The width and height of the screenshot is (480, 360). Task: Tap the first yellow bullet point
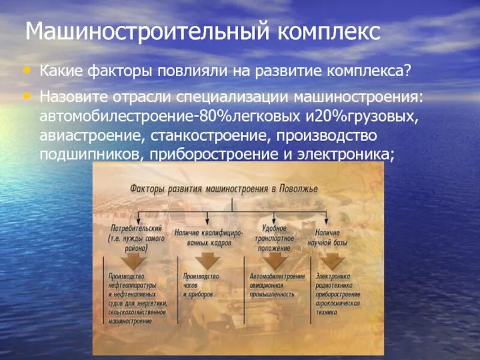[x=25, y=70]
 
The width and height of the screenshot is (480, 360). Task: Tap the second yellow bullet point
[x=25, y=95]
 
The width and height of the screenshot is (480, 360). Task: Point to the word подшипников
[x=89, y=154]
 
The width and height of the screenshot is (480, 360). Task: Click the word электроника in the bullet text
[x=348, y=154]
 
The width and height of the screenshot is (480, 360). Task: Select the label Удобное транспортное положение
[x=277, y=236]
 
